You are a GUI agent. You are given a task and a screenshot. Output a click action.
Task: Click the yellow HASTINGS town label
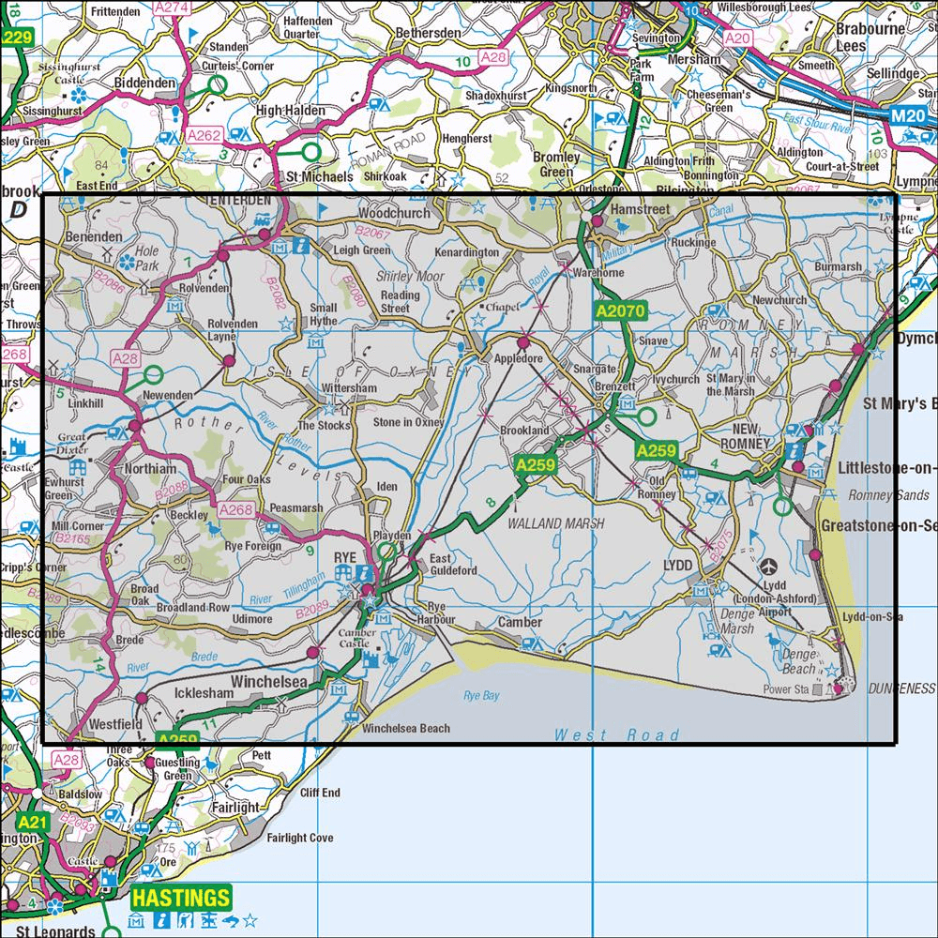180,898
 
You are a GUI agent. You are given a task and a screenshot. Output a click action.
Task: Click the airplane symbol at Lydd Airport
770,566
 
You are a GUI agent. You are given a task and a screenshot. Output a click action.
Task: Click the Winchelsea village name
272,682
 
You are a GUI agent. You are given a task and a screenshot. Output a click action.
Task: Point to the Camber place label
520,622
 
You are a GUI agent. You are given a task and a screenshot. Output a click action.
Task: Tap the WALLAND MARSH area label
556,523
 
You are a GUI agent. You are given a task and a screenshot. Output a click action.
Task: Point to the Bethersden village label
428,33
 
